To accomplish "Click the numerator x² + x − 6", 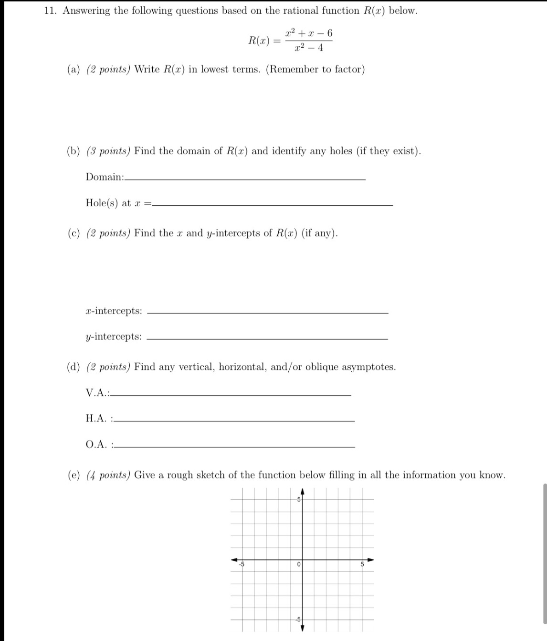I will [309, 33].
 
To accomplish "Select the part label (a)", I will [74, 70].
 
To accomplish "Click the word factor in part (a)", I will [347, 70].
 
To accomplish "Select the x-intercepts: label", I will [114, 311].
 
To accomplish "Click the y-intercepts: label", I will [114, 336].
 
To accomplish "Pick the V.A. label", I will [98, 393].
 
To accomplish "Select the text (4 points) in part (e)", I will [108, 475].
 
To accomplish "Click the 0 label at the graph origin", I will [298, 565].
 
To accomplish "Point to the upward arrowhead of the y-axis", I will [302, 491].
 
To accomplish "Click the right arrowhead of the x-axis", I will [370, 560].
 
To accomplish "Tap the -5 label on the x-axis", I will [242, 565].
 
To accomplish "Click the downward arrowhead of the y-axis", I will [302, 627].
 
